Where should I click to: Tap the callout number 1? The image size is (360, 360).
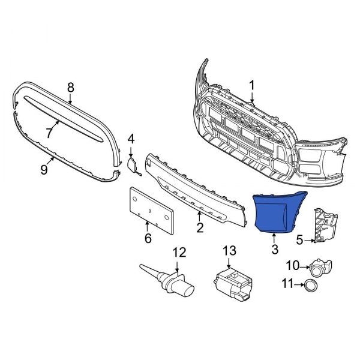click(253, 85)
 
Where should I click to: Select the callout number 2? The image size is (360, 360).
click(200, 227)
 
